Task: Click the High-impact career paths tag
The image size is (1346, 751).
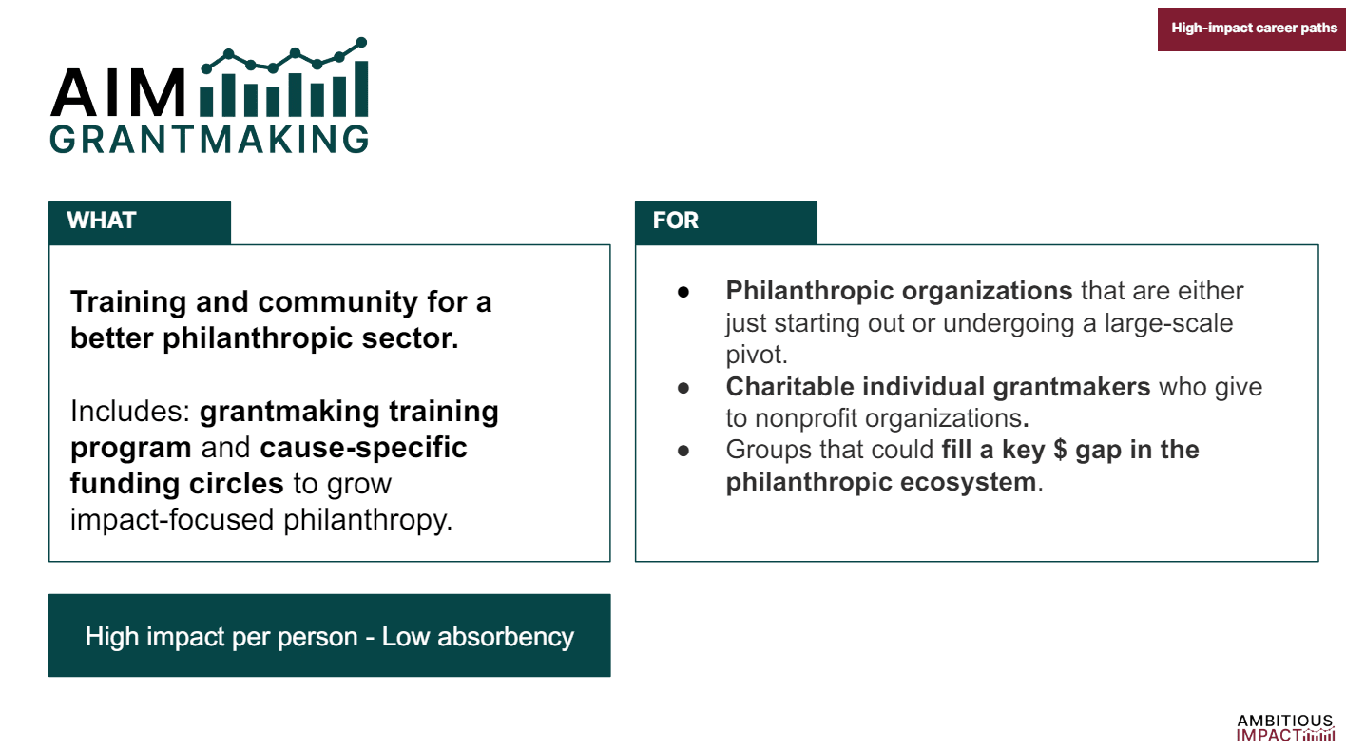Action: click(1252, 29)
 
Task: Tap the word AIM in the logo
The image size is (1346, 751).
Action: click(119, 92)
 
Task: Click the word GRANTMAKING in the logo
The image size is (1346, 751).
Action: click(209, 140)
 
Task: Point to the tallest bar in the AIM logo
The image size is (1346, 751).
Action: click(360, 89)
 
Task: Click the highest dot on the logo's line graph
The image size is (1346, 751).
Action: click(361, 42)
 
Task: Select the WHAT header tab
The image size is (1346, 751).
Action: click(140, 222)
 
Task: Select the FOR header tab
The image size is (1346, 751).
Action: click(726, 222)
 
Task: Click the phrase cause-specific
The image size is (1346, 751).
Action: click(363, 448)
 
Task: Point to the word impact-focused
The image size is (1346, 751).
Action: click(172, 520)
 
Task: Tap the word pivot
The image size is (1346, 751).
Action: click(757, 355)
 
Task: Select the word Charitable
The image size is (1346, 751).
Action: click(790, 387)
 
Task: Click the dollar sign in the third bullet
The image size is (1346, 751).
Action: click(1061, 450)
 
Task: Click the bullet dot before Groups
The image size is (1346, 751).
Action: click(683, 451)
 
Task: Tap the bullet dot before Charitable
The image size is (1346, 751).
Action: click(683, 388)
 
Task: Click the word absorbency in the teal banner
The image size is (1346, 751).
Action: click(506, 638)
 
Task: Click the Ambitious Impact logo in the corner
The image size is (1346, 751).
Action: click(1285, 728)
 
